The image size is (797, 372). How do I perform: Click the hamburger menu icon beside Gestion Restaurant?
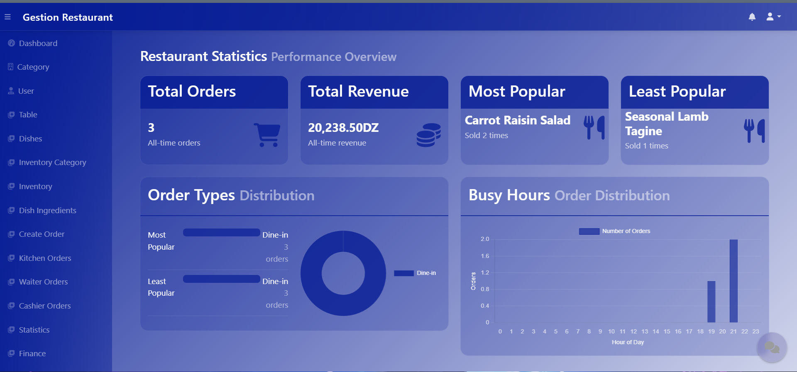[7, 17]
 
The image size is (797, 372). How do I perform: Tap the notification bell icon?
[752, 17]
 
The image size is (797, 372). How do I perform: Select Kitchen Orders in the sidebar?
[45, 258]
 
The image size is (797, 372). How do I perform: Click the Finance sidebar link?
[32, 353]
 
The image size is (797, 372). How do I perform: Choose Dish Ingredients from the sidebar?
[47, 210]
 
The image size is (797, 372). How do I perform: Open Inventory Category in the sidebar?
[52, 162]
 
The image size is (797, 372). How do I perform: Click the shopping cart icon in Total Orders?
[267, 135]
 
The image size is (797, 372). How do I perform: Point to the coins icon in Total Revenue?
[428, 135]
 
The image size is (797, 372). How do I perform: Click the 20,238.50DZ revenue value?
[343, 128]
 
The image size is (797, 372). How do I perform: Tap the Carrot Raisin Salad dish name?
[517, 120]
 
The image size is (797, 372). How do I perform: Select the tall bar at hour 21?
[733, 281]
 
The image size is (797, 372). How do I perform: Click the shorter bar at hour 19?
[711, 301]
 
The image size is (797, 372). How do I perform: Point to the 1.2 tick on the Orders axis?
[485, 272]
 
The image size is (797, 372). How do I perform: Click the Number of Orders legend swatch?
[589, 231]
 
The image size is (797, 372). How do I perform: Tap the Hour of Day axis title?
[628, 342]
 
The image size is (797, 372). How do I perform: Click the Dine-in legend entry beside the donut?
[415, 273]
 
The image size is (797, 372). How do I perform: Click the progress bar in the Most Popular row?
[221, 233]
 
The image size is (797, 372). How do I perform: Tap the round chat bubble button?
[772, 347]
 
